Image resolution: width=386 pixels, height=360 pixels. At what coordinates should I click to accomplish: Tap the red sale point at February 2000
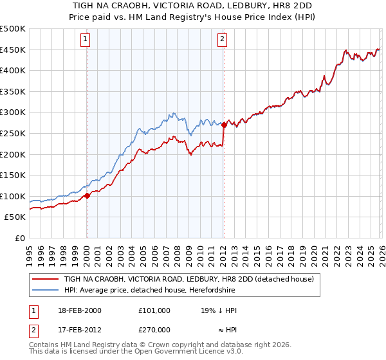point(87,195)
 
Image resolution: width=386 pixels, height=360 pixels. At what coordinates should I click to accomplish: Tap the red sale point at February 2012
point(224,125)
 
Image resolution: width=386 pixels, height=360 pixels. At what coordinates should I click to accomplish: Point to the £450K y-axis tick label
point(13,50)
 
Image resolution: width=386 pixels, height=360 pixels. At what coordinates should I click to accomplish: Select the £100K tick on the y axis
point(13,196)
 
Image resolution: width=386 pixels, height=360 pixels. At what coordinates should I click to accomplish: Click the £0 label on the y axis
point(21,238)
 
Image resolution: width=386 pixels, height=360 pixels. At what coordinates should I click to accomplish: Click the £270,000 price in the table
point(154,329)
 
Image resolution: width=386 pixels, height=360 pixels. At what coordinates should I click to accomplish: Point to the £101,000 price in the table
point(154,310)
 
